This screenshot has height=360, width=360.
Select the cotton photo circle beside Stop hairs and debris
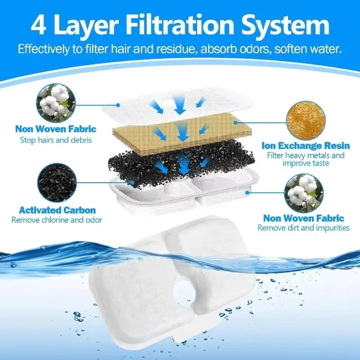(56, 103)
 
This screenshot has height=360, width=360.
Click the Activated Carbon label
(57, 210)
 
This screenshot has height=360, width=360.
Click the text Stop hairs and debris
(56, 140)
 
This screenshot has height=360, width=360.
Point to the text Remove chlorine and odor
(57, 220)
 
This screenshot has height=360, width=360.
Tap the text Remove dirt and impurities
(303, 228)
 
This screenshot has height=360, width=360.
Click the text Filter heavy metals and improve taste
(306, 159)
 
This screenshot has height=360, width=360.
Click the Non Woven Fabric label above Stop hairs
(56, 130)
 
